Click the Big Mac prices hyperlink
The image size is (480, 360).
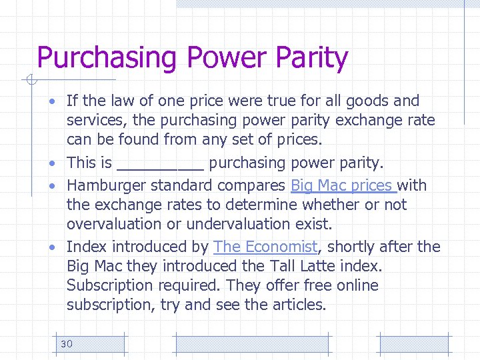pyautogui.click(x=343, y=185)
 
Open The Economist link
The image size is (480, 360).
pyautogui.click(x=265, y=247)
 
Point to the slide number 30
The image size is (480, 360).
pyautogui.click(x=66, y=343)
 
